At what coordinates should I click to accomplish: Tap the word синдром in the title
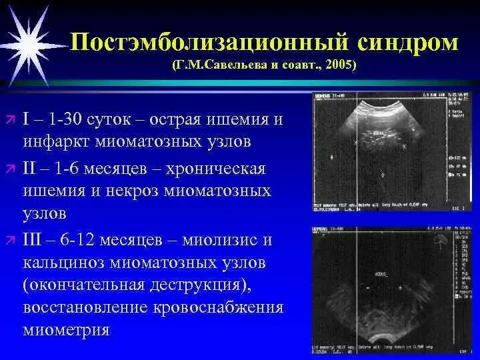(407, 42)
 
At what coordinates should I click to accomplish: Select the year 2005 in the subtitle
(341, 65)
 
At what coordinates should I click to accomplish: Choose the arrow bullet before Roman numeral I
(10, 119)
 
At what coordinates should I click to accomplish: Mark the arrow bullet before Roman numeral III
(10, 239)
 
